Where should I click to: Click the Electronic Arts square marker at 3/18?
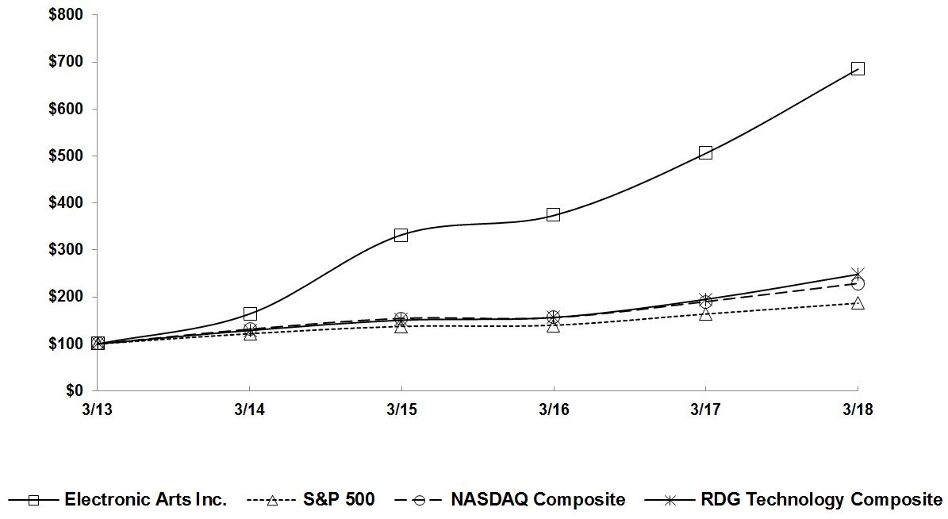tap(858, 68)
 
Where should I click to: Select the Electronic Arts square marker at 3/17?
tap(705, 152)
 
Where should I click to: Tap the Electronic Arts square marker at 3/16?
tap(553, 214)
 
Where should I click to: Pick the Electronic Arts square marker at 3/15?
tap(401, 235)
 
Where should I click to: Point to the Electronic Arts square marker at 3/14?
tap(250, 314)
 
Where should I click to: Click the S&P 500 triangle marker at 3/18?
tap(858, 303)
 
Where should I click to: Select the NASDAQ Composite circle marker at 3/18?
tap(858, 283)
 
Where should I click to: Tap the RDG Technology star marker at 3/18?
tap(858, 274)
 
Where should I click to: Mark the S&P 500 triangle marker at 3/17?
tap(705, 314)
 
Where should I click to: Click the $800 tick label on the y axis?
tap(67, 15)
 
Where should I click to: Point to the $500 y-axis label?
tap(67, 156)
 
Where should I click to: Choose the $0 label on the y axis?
tap(75, 391)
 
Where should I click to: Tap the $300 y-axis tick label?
tap(67, 250)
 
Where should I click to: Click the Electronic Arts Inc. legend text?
tap(146, 500)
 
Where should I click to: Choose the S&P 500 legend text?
tap(339, 500)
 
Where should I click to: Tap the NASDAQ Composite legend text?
tap(538, 500)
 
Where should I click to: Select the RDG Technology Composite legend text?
tap(821, 500)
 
